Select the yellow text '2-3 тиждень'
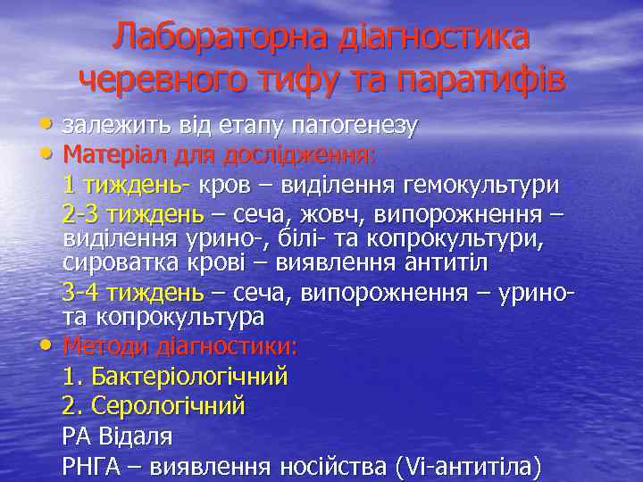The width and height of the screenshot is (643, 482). pos(132,215)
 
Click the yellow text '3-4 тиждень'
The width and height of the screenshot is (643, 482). pos(132,293)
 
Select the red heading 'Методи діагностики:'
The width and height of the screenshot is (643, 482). pos(180,345)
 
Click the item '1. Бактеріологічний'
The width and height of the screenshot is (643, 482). pos(175,376)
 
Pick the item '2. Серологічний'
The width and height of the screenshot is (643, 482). pos(154,406)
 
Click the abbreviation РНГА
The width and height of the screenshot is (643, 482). pos(91,466)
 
